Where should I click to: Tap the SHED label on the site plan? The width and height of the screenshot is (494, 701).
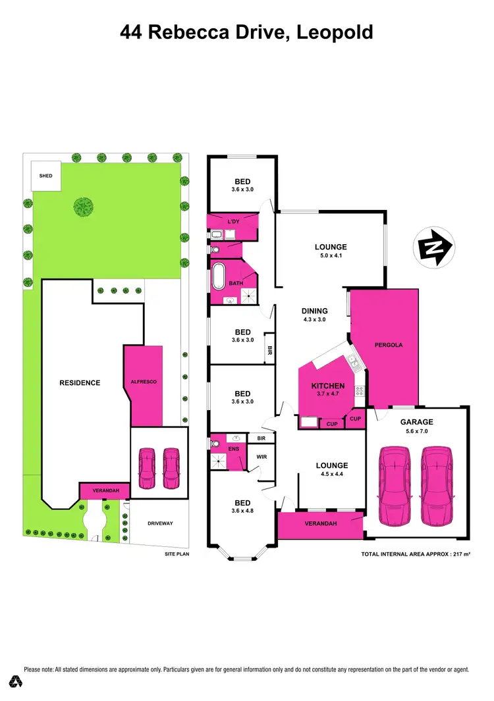[45, 176]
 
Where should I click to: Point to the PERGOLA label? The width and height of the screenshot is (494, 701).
[388, 345]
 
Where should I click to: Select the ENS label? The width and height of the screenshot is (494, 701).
[233, 449]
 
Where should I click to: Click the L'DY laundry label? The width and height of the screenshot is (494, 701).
[233, 221]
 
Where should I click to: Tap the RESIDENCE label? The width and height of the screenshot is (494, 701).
[80, 382]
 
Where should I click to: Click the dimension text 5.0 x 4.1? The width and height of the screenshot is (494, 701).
[330, 257]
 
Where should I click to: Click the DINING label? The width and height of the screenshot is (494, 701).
[314, 311]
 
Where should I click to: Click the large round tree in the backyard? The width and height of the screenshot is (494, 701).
[83, 207]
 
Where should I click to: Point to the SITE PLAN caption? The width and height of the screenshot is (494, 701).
[177, 555]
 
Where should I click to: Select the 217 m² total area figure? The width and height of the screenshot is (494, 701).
[457, 554]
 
